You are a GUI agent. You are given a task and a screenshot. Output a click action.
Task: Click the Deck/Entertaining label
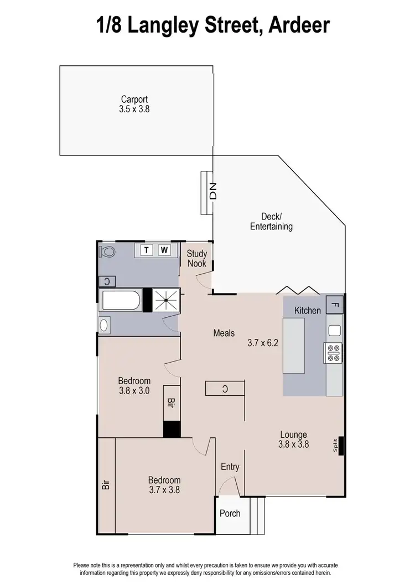tap(271, 222)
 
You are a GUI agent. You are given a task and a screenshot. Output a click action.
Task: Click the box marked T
tap(147, 250)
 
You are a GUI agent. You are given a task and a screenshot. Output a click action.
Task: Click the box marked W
tap(164, 250)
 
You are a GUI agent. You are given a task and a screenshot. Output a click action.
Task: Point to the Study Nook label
tap(196, 259)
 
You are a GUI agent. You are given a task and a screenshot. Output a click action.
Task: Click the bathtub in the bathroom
tap(120, 301)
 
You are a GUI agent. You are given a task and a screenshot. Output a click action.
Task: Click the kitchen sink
tap(334, 331)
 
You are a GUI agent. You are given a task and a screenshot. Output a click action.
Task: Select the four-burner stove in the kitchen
tap(334, 353)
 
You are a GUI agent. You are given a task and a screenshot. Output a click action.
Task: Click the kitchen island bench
tap(294, 346)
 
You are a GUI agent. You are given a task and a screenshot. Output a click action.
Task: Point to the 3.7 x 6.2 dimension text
tap(262, 343)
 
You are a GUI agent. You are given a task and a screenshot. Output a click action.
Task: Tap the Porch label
tap(230, 513)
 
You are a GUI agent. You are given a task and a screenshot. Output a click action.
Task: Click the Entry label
tap(230, 467)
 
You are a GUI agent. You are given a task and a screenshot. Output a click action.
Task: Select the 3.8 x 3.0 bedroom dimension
tap(134, 390)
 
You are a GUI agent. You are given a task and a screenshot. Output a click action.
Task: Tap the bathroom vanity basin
tap(105, 325)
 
